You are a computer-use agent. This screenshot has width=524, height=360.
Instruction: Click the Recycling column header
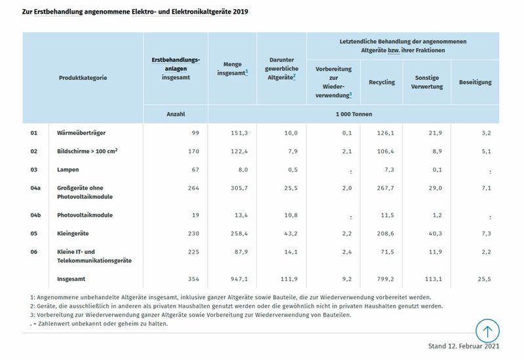tap(381, 82)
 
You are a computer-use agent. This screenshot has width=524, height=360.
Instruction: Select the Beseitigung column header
tap(475, 82)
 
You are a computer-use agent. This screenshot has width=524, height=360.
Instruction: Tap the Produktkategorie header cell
tap(83, 77)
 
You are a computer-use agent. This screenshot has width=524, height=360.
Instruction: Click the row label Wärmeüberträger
tap(82, 133)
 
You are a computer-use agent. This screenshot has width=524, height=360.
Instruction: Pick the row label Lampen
tap(68, 170)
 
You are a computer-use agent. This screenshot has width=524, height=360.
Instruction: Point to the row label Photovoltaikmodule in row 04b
tap(86, 214)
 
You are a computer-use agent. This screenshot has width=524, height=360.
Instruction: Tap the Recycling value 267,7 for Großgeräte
tap(385, 188)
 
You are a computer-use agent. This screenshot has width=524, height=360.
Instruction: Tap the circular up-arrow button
tap(487, 330)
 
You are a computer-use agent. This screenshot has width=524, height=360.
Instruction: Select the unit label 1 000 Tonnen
tap(353, 114)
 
